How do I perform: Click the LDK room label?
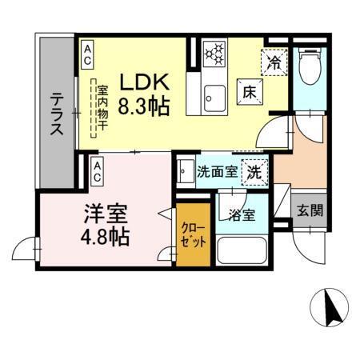pyautogui.click(x=144, y=82)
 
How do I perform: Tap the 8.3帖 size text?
pyautogui.click(x=144, y=106)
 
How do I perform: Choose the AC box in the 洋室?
pyautogui.click(x=97, y=168)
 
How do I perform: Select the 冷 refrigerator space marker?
pyautogui.click(x=274, y=61)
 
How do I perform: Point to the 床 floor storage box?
pyautogui.click(x=248, y=92)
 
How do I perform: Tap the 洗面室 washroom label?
pyautogui.click(x=216, y=171)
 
